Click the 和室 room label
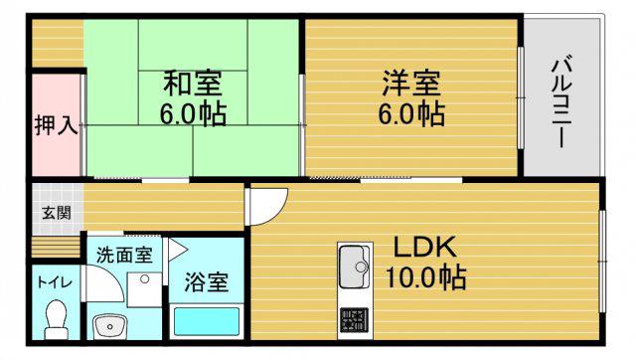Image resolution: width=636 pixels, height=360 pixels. pyautogui.click(x=193, y=84)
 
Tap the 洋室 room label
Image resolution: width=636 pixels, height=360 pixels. pyautogui.click(x=411, y=84)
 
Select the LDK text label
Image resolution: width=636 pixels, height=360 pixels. pyautogui.click(x=425, y=247)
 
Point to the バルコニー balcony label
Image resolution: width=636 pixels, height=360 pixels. pyautogui.click(x=561, y=103)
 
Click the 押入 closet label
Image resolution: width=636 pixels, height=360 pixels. pyautogui.click(x=56, y=125)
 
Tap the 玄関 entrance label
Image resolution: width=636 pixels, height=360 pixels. pyautogui.click(x=57, y=213)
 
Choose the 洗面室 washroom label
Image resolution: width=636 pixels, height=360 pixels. pyautogui.click(x=124, y=255)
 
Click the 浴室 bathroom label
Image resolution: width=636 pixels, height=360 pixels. pyautogui.click(x=207, y=281)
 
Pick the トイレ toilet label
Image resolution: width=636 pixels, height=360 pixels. pyautogui.click(x=55, y=282)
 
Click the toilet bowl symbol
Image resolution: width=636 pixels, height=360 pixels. pyautogui.click(x=56, y=319)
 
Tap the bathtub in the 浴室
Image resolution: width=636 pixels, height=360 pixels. pyautogui.click(x=207, y=321)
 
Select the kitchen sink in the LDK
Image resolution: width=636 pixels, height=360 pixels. pyautogui.click(x=355, y=267)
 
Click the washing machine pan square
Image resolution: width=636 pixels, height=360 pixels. pyautogui.click(x=144, y=289)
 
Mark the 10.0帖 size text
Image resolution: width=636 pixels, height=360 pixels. pyautogui.click(x=425, y=276)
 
